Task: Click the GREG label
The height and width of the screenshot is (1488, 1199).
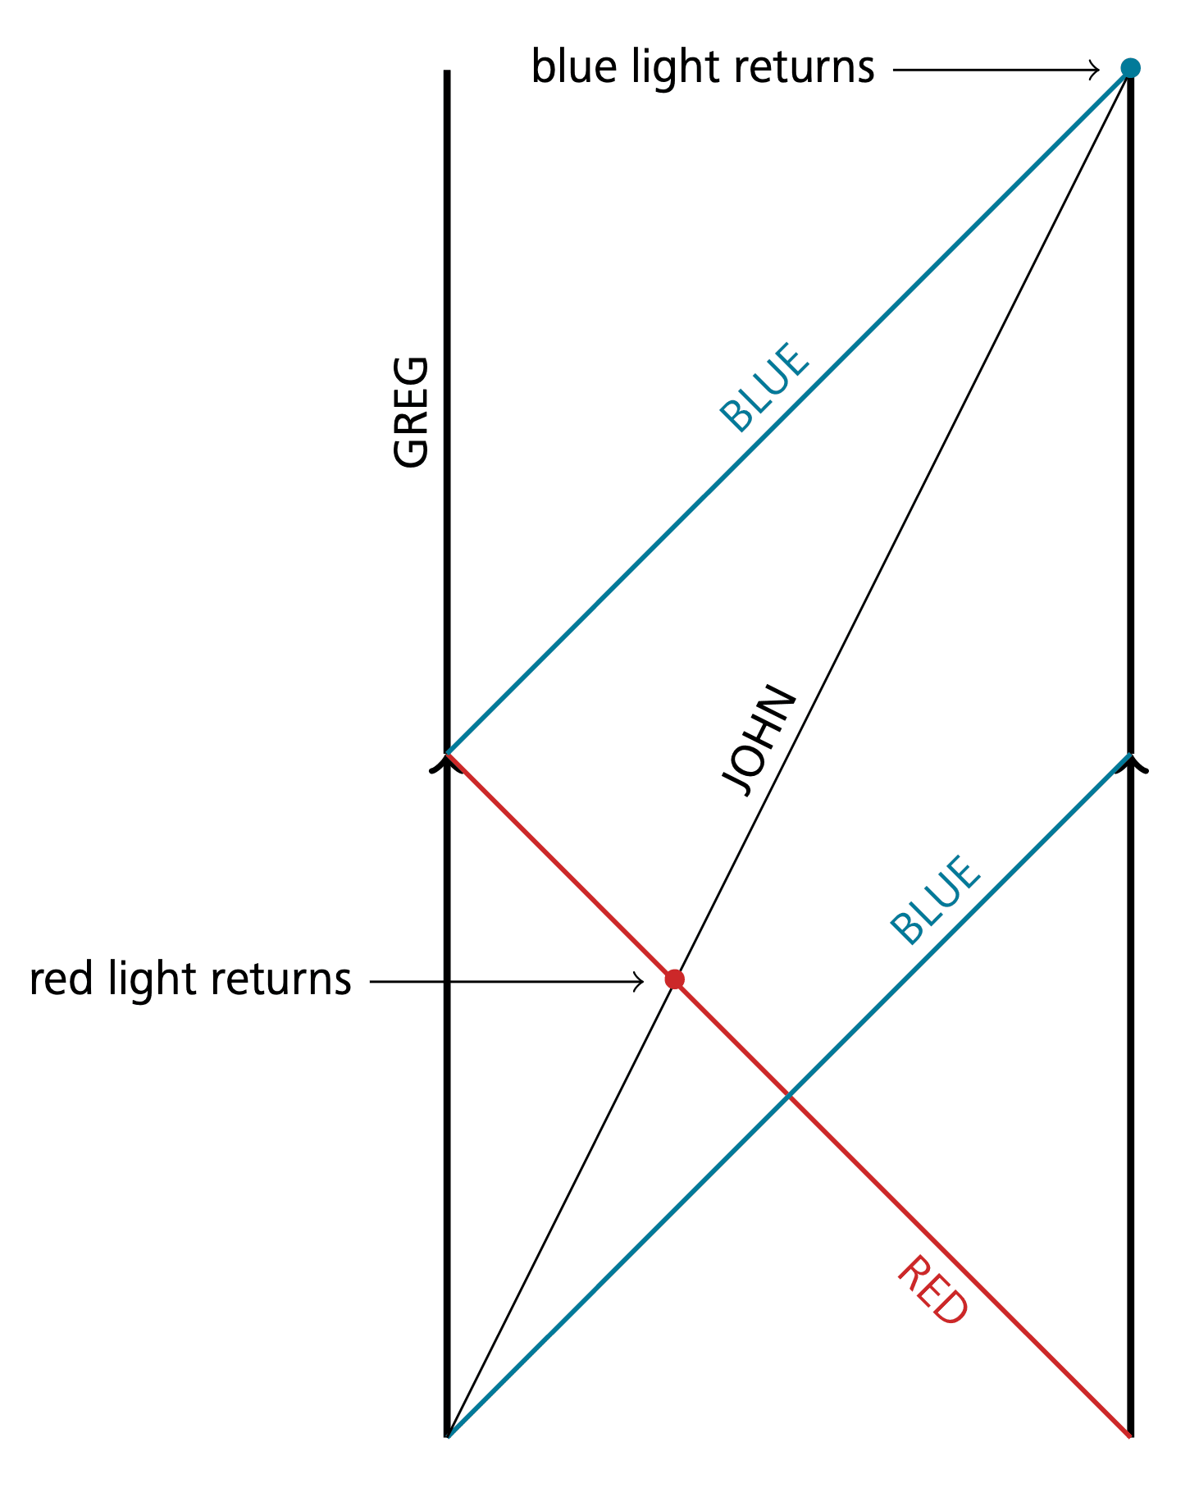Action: [411, 412]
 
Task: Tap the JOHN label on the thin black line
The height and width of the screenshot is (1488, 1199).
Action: [759, 740]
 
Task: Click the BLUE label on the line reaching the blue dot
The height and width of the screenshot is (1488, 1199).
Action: [764, 386]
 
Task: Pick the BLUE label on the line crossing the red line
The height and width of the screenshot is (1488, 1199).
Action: [935, 900]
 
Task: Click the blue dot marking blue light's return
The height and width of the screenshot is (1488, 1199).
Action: [1130, 68]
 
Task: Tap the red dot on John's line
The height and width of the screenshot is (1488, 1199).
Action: [674, 979]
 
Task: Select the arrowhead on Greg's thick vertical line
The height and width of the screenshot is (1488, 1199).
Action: [446, 765]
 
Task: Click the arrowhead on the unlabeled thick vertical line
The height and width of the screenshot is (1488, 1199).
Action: [1131, 765]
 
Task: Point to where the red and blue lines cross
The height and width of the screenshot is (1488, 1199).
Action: [788, 1094]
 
